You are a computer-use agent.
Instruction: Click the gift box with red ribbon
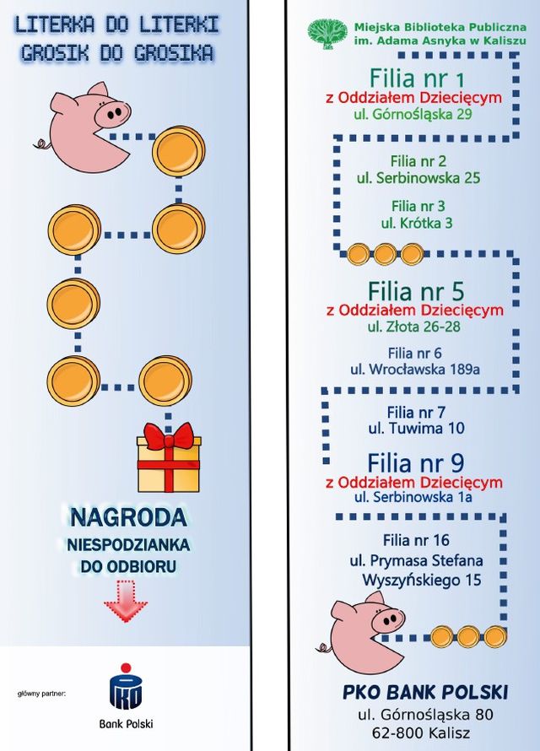[x=169, y=460]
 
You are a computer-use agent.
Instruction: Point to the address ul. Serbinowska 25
[x=418, y=178]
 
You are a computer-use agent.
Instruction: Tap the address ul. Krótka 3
[x=417, y=223]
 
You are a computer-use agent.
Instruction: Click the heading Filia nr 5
[x=417, y=291]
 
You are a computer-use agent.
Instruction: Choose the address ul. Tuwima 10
[x=417, y=429]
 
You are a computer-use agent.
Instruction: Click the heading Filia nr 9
[x=415, y=463]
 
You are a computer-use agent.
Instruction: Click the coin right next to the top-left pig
[x=178, y=149]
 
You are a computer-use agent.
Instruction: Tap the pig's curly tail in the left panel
[x=39, y=143]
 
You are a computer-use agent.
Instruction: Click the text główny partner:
[x=41, y=694]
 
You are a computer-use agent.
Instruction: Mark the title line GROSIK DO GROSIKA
[x=116, y=53]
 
